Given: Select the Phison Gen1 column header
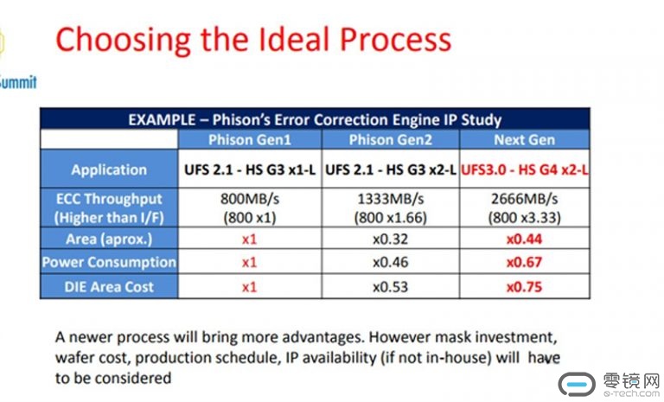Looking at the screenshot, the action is click(x=250, y=140).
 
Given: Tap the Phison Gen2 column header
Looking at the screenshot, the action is click(x=391, y=140).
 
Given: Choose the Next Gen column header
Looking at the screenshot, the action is click(x=524, y=140).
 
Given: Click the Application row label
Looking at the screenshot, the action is click(x=109, y=169).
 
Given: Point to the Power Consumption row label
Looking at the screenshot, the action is click(x=109, y=262).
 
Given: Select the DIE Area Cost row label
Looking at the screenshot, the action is click(x=109, y=287).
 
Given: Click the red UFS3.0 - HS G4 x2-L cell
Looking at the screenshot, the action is click(x=524, y=169).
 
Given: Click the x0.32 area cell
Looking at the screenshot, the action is click(x=391, y=239).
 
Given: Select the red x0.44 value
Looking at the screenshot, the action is click(x=524, y=239).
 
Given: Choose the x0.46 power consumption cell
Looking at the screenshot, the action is click(x=391, y=262).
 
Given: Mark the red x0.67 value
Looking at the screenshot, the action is click(x=524, y=262).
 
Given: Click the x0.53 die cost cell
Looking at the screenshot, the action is click(x=391, y=287).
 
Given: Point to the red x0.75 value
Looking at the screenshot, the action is click(x=524, y=287).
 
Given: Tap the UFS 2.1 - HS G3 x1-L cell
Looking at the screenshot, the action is click(x=250, y=169).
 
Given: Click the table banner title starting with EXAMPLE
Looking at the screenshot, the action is click(x=315, y=120).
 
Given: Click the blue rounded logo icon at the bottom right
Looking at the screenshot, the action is click(x=577, y=384).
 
